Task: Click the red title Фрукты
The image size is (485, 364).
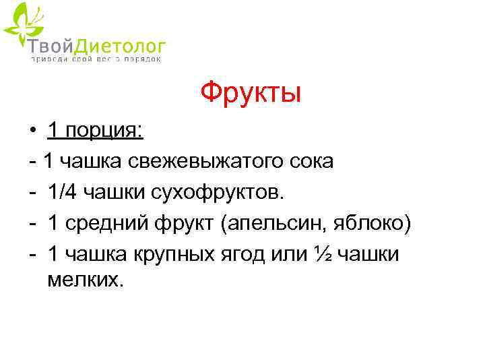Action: point(251,92)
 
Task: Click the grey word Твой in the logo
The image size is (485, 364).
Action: point(48,46)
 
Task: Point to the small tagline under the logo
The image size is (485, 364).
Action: point(95,59)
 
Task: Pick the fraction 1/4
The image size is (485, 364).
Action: point(63,192)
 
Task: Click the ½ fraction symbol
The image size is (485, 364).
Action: point(321,254)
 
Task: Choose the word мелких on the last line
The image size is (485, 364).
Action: point(86,279)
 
